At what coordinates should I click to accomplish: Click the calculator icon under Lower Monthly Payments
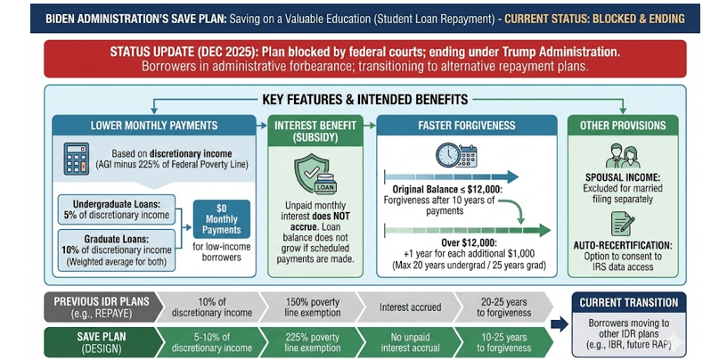coord(79,160)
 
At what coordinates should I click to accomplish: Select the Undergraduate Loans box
coord(116,209)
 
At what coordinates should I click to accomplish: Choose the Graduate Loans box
coord(116,246)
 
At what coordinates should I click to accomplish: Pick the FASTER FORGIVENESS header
coord(465,125)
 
